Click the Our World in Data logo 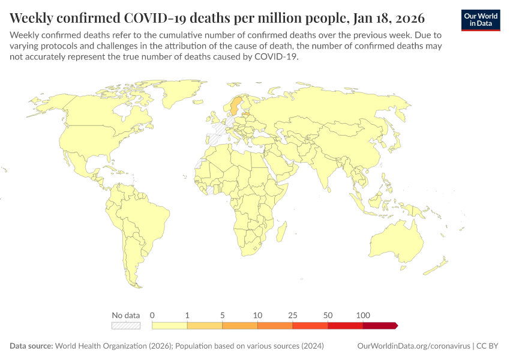click(481, 20)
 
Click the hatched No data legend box click(126, 325)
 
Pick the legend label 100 click(363, 315)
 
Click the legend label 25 click(293, 315)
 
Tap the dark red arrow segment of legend click(379, 325)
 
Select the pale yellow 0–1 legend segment click(170, 325)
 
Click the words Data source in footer click(31, 346)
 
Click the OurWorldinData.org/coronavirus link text click(413, 346)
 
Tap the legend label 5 click(223, 315)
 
